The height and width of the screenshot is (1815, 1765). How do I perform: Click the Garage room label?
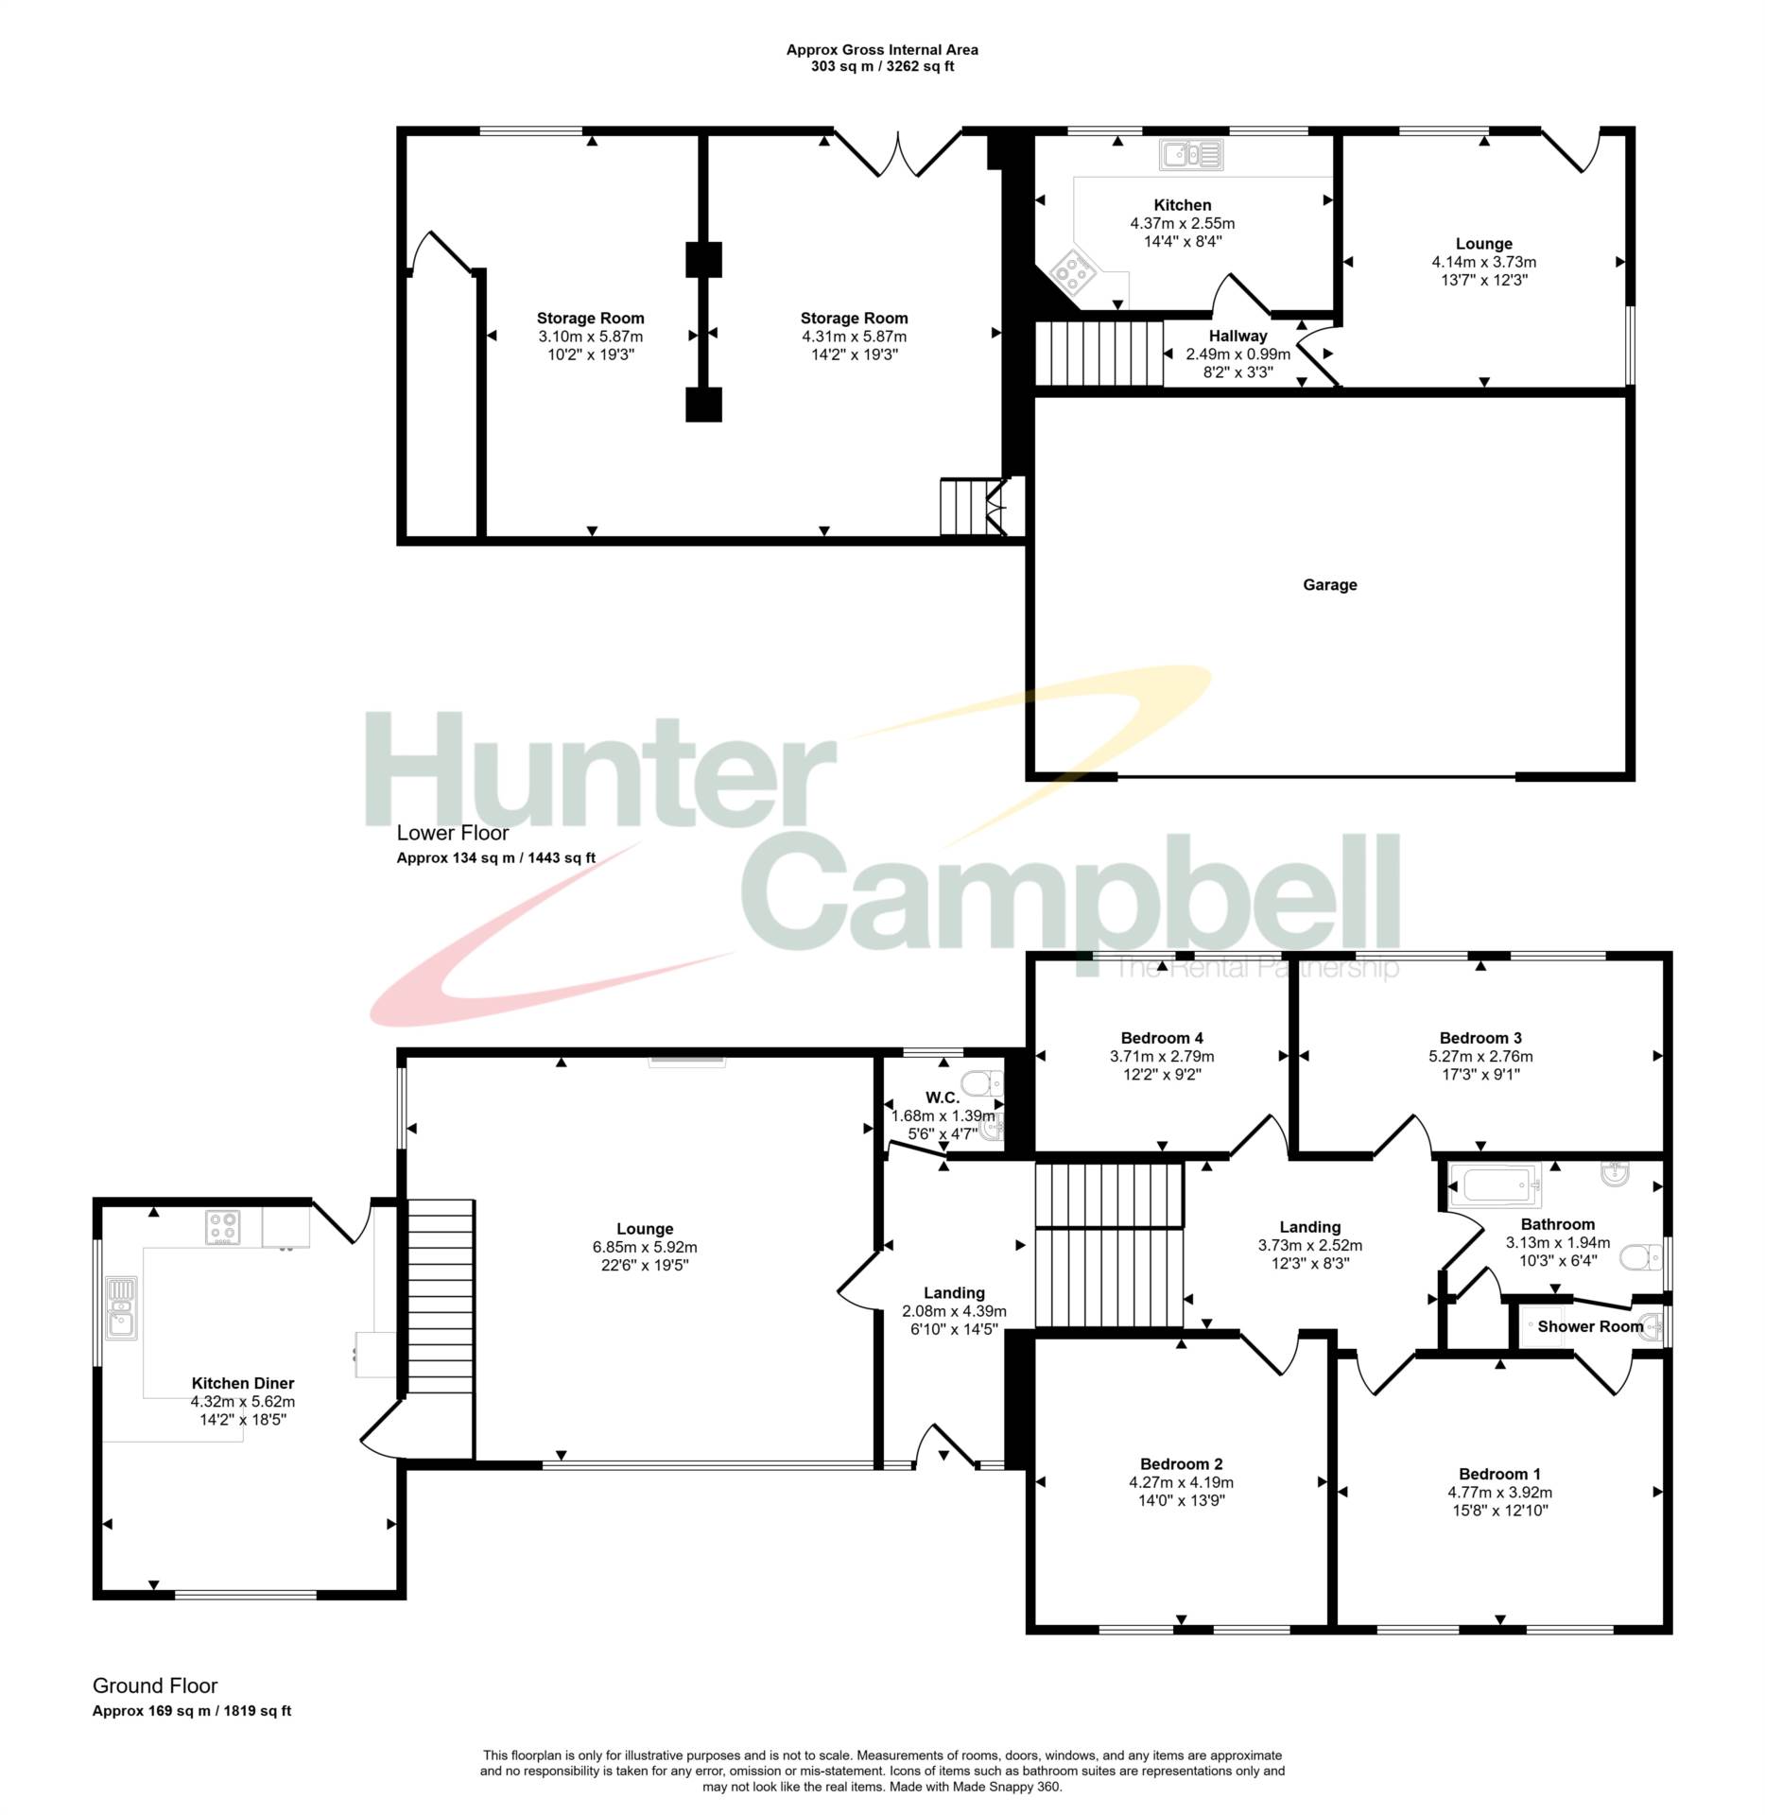tap(1329, 585)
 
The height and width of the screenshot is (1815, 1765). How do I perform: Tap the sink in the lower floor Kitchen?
tap(1191, 154)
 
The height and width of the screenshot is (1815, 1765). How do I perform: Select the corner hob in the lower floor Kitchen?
tap(1072, 273)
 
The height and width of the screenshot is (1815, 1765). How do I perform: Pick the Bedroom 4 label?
tap(1162, 1038)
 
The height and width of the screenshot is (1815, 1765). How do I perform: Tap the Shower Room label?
tap(1590, 1326)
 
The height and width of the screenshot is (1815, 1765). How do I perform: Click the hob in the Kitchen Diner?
tap(222, 1227)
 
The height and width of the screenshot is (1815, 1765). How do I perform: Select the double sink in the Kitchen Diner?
tap(121, 1307)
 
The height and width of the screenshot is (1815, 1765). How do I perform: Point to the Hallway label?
tap(1237, 336)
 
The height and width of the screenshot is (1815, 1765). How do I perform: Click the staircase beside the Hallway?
tap(1099, 354)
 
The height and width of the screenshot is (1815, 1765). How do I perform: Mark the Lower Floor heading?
tap(452, 833)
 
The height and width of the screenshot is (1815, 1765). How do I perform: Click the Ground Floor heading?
tap(155, 1685)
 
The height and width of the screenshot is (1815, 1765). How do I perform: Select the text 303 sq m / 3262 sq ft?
tap(882, 67)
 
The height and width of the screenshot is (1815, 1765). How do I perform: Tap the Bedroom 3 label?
tap(1480, 1038)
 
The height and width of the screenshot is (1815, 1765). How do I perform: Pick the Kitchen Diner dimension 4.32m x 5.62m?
tap(243, 1402)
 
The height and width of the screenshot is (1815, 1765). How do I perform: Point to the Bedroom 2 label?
tap(1181, 1464)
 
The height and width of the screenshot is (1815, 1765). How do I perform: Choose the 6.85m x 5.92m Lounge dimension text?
tap(645, 1247)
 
